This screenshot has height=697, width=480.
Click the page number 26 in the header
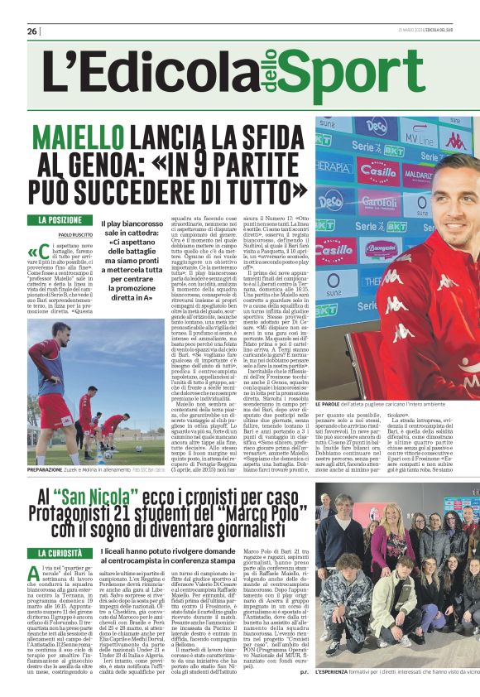[31, 31]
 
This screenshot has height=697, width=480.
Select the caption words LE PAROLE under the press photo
[332, 403]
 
